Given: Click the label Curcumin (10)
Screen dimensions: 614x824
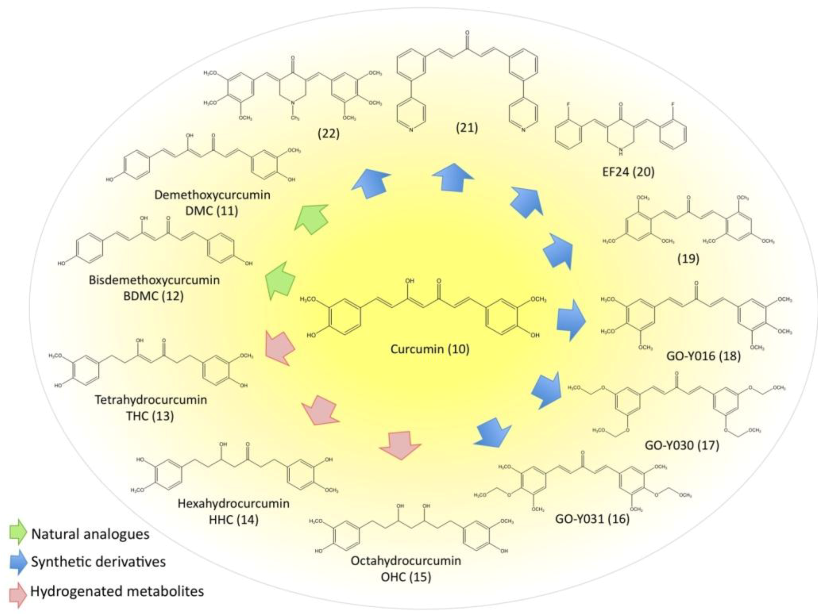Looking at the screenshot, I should pyautogui.click(x=430, y=349).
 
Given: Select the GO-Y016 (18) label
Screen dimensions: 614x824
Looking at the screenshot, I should pyautogui.click(x=703, y=356).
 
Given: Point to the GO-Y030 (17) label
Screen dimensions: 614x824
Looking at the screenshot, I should pyautogui.click(x=682, y=445).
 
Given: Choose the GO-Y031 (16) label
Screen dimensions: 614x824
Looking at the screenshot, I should pyautogui.click(x=592, y=518).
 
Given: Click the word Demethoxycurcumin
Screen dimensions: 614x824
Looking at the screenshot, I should pyautogui.click(x=212, y=195).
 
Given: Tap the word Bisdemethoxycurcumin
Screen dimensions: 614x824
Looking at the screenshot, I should pyautogui.click(x=154, y=280).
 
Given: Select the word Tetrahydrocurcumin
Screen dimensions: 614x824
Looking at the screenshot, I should pyautogui.click(x=150, y=400).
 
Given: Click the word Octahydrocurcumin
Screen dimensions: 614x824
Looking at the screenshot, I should pyautogui.click(x=406, y=560).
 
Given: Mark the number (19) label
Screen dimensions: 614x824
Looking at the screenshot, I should pyautogui.click(x=688, y=259).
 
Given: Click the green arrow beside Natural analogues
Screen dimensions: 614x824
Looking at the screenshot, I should pyautogui.click(x=17, y=533).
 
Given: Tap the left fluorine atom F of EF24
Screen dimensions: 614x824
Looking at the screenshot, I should pyautogui.click(x=568, y=105).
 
